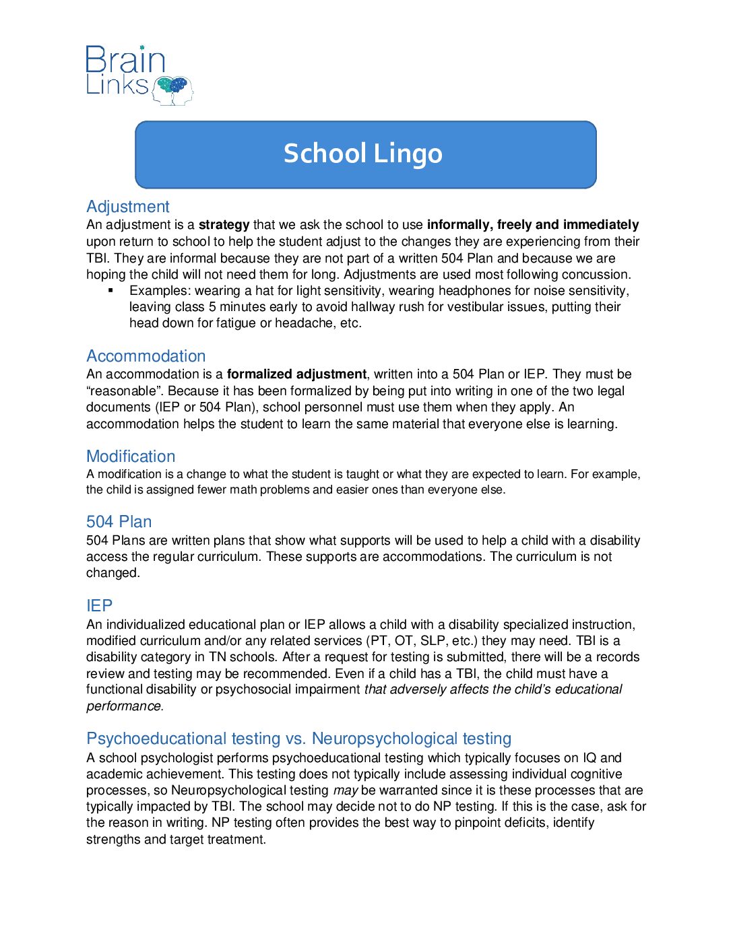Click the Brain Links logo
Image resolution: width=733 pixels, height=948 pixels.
click(x=139, y=75)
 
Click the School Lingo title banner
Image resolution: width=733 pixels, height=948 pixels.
click(x=365, y=154)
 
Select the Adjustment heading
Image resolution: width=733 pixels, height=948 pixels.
click(x=128, y=207)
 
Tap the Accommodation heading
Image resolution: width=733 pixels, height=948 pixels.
click(x=146, y=356)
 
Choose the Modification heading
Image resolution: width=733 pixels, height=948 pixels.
click(x=131, y=456)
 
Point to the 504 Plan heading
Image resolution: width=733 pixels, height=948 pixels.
click(x=119, y=522)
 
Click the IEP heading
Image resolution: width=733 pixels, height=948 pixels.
click(x=100, y=606)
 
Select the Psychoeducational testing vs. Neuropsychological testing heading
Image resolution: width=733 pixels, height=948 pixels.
click(x=299, y=739)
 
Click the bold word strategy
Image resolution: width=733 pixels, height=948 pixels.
click(x=224, y=225)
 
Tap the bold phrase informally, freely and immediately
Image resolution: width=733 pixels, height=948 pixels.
click(x=533, y=225)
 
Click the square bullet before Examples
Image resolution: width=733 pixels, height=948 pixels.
click(x=110, y=290)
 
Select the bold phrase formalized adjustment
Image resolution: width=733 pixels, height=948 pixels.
click(x=296, y=374)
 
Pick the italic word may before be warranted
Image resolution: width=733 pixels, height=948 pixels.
click(x=345, y=790)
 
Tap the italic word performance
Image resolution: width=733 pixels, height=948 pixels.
click(x=124, y=706)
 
